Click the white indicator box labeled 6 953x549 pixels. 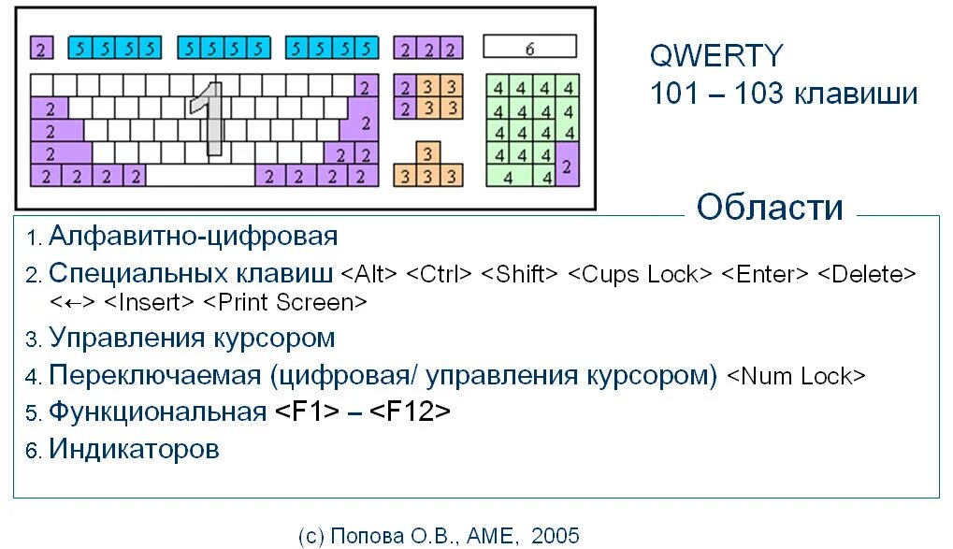[529, 47]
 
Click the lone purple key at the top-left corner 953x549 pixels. [41, 47]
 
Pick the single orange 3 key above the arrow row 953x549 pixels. [427, 152]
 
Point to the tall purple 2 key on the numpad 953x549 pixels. [567, 166]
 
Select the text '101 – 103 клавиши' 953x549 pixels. [784, 94]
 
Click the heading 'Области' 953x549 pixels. [770, 208]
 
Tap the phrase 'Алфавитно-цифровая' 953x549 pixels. [193, 236]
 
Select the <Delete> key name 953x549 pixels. [865, 275]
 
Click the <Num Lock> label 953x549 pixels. [796, 376]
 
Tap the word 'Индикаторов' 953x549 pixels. [134, 449]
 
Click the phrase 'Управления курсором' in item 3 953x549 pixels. [192, 338]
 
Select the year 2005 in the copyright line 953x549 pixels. [555, 535]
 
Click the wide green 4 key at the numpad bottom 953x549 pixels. [509, 176]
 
